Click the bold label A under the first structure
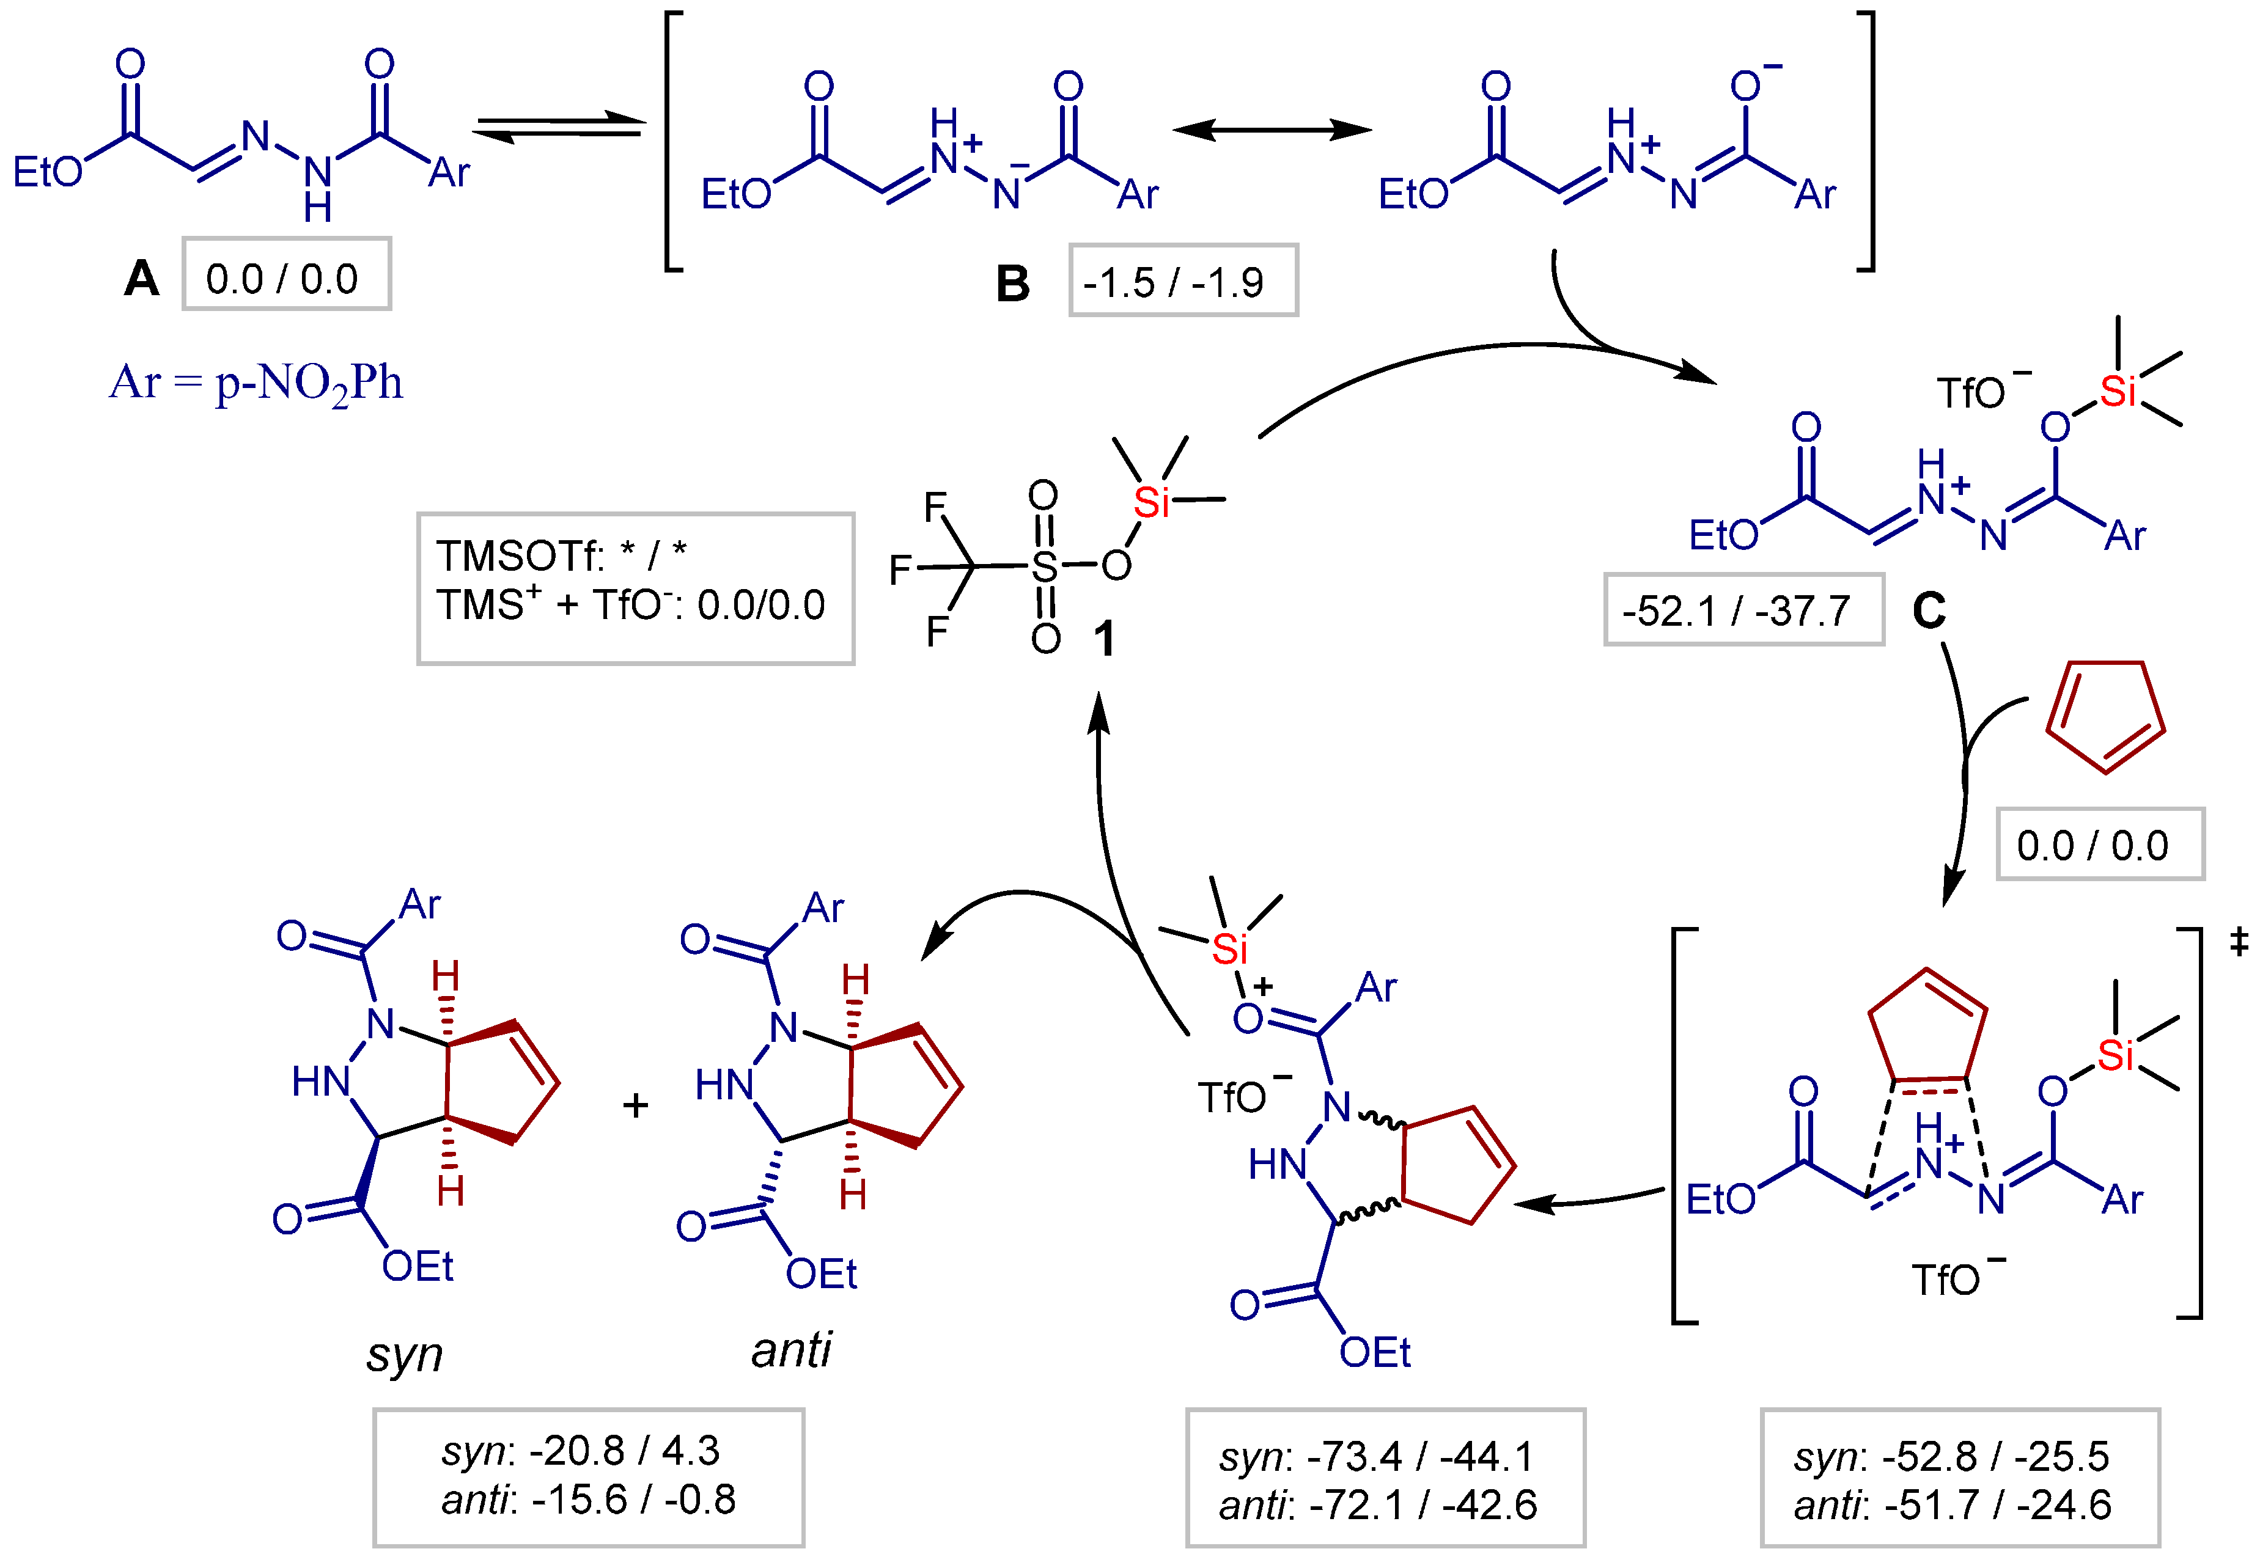[141, 279]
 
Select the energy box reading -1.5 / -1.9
[1182, 282]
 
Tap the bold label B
[1012, 284]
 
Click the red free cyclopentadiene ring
[2105, 714]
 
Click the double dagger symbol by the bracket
[2239, 943]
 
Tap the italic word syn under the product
[404, 1355]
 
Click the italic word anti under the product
[791, 1350]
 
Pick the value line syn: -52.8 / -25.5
[1951, 1456]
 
